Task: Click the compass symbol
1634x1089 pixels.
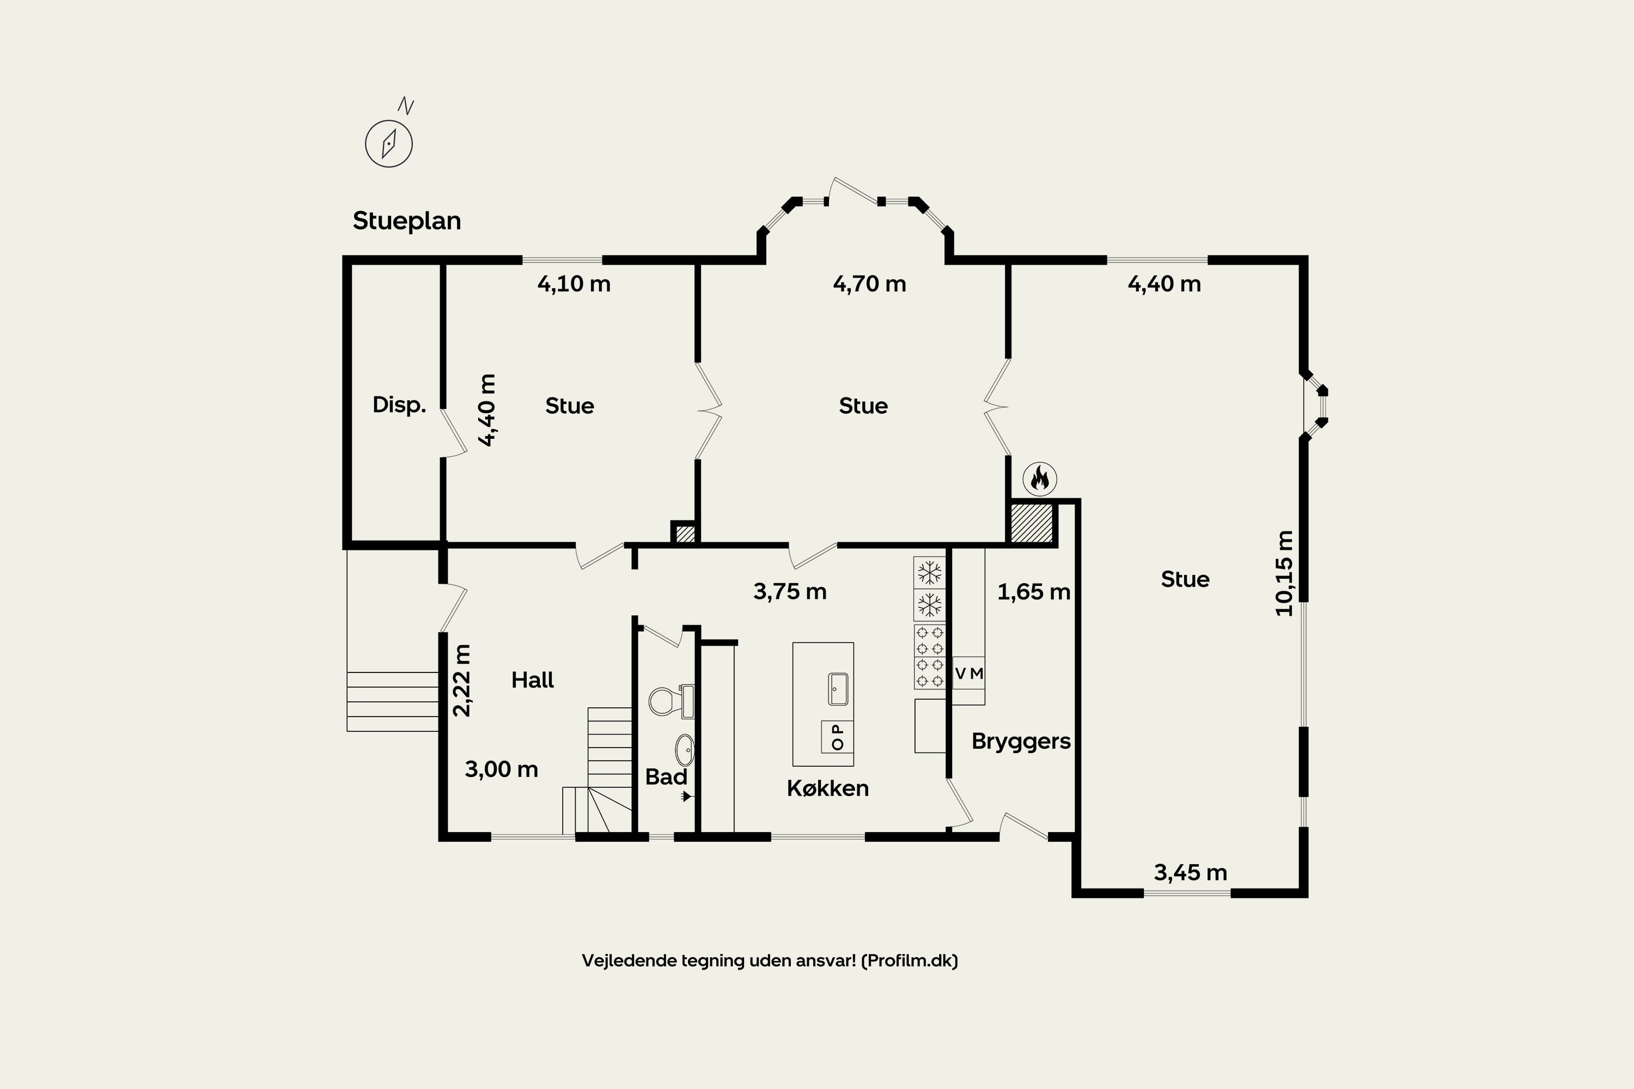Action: point(389,143)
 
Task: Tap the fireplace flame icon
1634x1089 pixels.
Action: point(1040,479)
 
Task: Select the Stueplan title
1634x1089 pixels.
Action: point(407,221)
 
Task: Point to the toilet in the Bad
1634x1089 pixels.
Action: point(671,701)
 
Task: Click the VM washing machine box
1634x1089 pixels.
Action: point(968,673)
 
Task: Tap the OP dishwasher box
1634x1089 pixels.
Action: point(837,737)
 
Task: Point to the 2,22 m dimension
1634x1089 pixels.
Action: point(462,681)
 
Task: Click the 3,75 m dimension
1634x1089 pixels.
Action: point(790,592)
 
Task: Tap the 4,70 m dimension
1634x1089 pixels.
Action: point(869,284)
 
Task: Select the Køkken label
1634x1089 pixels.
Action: point(827,788)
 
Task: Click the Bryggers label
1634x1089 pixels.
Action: point(1021,742)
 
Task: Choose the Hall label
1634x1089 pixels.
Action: point(532,680)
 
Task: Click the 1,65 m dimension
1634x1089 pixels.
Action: point(1034,592)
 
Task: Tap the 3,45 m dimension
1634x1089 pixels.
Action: point(1191,872)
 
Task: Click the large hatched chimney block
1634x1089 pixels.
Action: point(1032,523)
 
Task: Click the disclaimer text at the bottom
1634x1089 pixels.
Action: point(770,960)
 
